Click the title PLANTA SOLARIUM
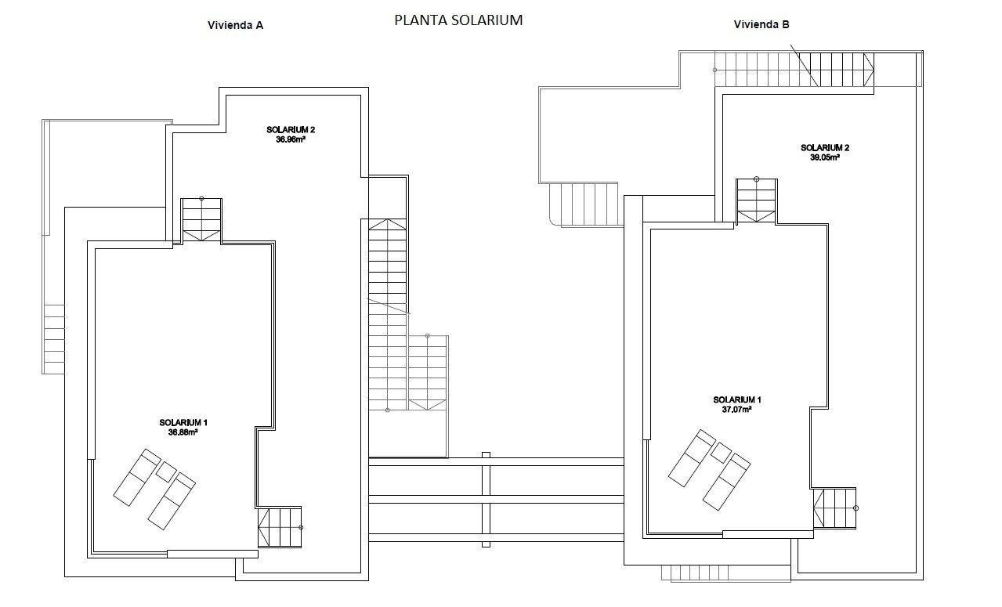pos(458,21)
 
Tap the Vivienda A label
pos(235,25)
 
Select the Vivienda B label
pos(761,24)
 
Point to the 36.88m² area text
pos(183,432)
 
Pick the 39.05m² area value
pos(824,157)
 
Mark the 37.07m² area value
pos(736,409)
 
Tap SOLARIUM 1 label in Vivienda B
pos(736,399)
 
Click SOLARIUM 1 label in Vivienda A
pos(183,422)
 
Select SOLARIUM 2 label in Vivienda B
pos(824,147)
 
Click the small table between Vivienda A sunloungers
pos(166,472)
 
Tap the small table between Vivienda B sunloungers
pos(720,451)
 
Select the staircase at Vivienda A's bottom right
pos(280,527)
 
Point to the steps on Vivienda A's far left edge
pos(54,338)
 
